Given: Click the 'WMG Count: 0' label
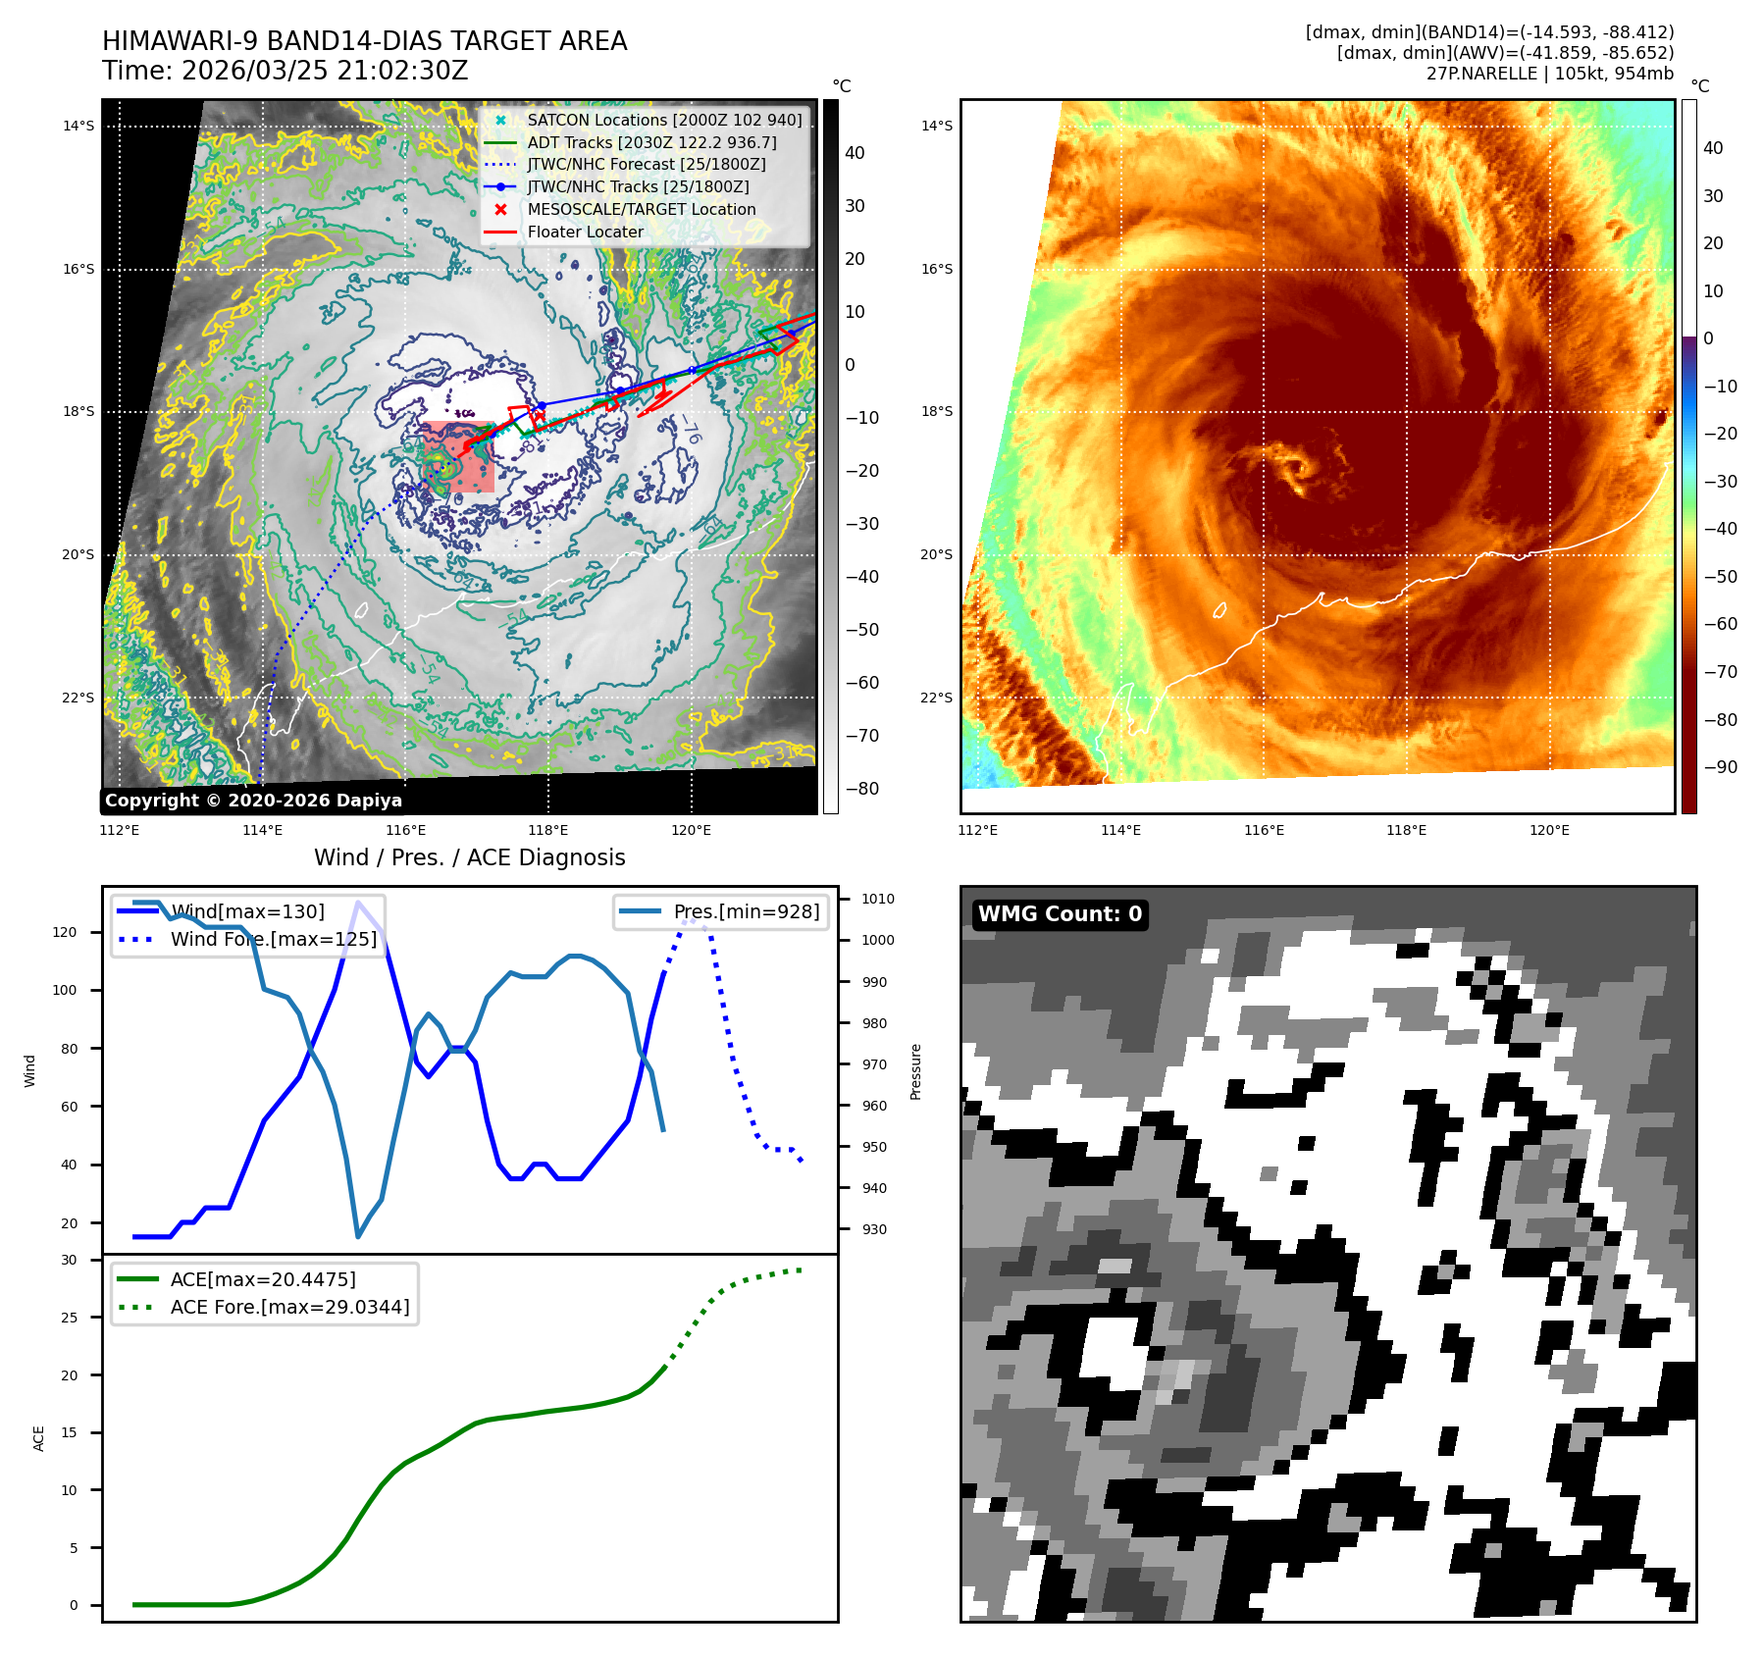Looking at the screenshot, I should coord(1060,914).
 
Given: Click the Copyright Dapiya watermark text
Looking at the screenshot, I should coord(253,801).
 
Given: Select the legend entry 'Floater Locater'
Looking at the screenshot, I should coord(585,232).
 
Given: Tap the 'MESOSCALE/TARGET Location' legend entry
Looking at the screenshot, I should coord(641,209).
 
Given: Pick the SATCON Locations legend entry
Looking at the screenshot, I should coord(664,120).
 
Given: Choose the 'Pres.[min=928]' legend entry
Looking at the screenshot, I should coord(746,911).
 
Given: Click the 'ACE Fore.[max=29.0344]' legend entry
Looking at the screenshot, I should coord(289,1307).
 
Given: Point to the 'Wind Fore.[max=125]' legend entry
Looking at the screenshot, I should coord(273,939).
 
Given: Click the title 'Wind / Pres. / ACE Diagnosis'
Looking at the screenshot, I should coord(469,857).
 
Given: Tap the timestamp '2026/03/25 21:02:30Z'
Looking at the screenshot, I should coord(325,71).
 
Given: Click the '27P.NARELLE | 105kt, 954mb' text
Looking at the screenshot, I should coord(1549,74).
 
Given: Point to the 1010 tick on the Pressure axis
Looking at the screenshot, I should coord(877,899).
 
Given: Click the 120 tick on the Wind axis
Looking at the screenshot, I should coord(65,932).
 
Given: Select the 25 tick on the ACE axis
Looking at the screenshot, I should coord(69,1318).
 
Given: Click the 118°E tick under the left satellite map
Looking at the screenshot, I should coord(547,830).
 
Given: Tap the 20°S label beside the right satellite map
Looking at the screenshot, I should coord(936,554).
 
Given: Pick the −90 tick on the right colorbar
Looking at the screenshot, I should coord(1720,767).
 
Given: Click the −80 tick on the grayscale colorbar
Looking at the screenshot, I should coord(862,789).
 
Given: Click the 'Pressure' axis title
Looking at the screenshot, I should coord(915,1071).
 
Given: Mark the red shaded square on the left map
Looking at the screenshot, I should coord(459,456).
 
